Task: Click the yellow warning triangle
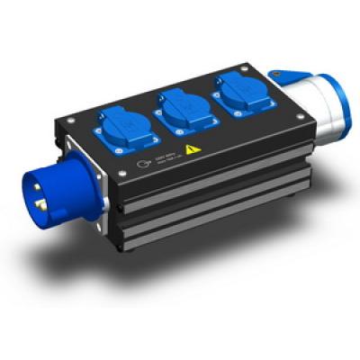coord(190,150)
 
